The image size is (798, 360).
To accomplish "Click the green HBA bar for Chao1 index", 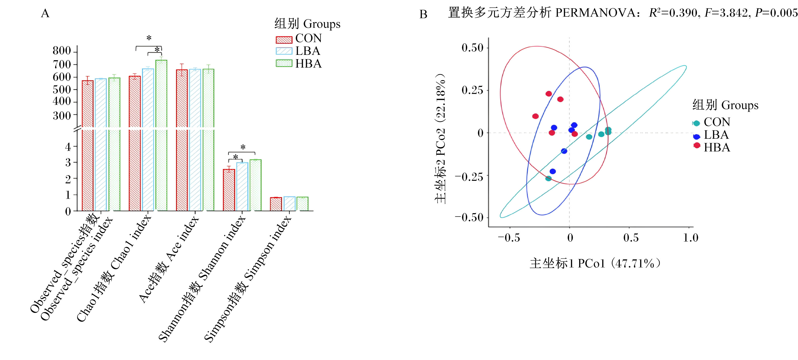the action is point(161,135).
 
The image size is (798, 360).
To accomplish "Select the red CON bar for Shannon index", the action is point(229,190).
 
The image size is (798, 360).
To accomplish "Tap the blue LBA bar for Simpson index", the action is point(289,204).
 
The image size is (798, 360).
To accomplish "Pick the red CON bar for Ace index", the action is point(182,140).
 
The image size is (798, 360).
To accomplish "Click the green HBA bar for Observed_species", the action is point(114,144).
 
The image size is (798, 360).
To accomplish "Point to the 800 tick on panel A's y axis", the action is point(75,51).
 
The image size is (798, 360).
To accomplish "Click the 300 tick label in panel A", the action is point(62,116).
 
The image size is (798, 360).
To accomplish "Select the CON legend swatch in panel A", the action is point(284,40).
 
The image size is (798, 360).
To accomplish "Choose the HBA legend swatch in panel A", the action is point(284,63).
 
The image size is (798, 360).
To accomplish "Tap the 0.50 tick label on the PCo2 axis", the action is point(472,48).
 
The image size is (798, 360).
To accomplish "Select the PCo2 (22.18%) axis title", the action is point(440,138).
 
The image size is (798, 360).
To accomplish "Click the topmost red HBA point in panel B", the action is point(549,93).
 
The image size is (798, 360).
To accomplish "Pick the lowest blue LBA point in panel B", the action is point(553,171).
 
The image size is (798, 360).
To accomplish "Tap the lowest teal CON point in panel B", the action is point(548,178).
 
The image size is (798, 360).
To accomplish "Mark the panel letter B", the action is point(423,14).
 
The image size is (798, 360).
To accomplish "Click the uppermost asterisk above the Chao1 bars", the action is point(149,38).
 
